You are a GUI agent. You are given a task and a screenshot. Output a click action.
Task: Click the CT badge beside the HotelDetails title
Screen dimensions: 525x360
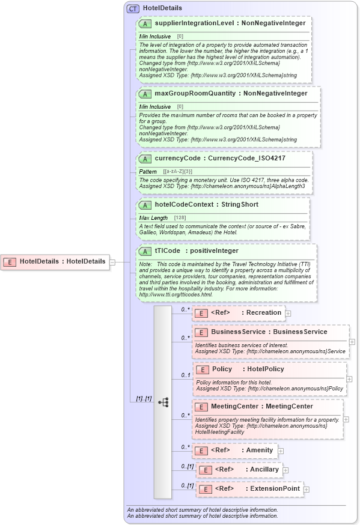(133, 9)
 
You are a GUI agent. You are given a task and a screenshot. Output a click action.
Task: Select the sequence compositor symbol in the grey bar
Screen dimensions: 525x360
(163, 402)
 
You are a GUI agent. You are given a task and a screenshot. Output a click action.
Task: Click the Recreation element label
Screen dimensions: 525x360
(264, 312)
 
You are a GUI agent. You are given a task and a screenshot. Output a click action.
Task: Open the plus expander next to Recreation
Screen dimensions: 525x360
(288, 313)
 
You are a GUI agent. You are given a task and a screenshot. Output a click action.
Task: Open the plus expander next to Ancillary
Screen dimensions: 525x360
(285, 470)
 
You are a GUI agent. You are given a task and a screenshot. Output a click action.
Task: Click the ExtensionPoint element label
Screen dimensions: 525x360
(275, 489)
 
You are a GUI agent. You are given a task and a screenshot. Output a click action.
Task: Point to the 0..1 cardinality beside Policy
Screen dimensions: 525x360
(186, 375)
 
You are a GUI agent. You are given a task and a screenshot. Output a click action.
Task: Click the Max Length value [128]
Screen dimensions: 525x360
(180, 217)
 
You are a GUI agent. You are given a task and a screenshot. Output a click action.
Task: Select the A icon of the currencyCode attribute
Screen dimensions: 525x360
(145, 159)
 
